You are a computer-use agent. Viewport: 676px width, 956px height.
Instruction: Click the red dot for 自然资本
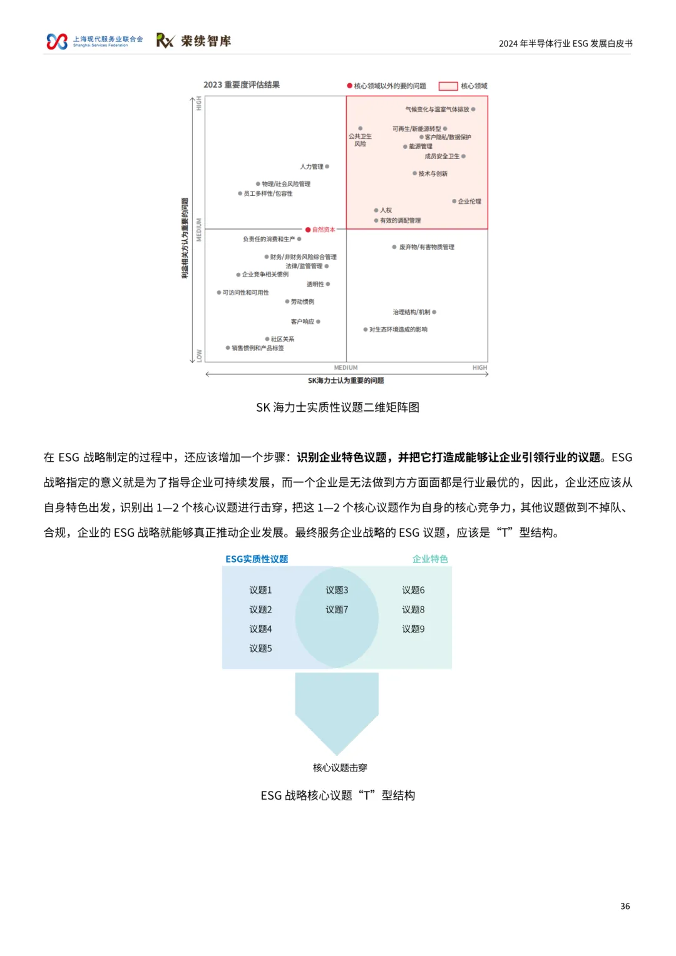[308, 230]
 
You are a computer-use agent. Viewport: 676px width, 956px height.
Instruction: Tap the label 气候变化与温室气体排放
[437, 109]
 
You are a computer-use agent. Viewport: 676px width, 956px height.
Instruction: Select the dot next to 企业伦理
[454, 201]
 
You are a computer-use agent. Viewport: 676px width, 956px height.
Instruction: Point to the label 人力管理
[312, 166]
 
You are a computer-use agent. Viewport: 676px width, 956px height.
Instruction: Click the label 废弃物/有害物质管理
[427, 247]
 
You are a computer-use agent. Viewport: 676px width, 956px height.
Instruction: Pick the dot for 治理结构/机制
[434, 312]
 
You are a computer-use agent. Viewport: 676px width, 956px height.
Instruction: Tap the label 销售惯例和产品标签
[258, 348]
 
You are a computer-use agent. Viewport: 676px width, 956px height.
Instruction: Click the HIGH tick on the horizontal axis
[479, 368]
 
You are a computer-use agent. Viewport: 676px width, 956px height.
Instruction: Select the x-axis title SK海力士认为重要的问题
[346, 380]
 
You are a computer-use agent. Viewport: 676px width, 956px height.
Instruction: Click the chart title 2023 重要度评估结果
[242, 85]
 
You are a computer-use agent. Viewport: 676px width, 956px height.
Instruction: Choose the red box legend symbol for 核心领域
[448, 86]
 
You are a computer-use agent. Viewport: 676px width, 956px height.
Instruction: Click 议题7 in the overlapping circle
[337, 609]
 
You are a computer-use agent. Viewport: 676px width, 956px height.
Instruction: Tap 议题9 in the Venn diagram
[413, 629]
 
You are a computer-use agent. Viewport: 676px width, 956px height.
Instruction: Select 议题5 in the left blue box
[260, 648]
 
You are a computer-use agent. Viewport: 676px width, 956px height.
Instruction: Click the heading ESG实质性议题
[257, 559]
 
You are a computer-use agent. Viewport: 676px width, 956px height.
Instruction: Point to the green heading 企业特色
[430, 559]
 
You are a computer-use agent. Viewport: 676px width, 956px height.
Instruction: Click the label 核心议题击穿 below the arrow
[340, 768]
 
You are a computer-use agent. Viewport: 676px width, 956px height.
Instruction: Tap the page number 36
[625, 906]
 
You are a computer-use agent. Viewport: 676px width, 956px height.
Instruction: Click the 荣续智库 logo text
[206, 41]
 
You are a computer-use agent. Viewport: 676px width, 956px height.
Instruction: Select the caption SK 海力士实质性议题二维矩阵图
[337, 407]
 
